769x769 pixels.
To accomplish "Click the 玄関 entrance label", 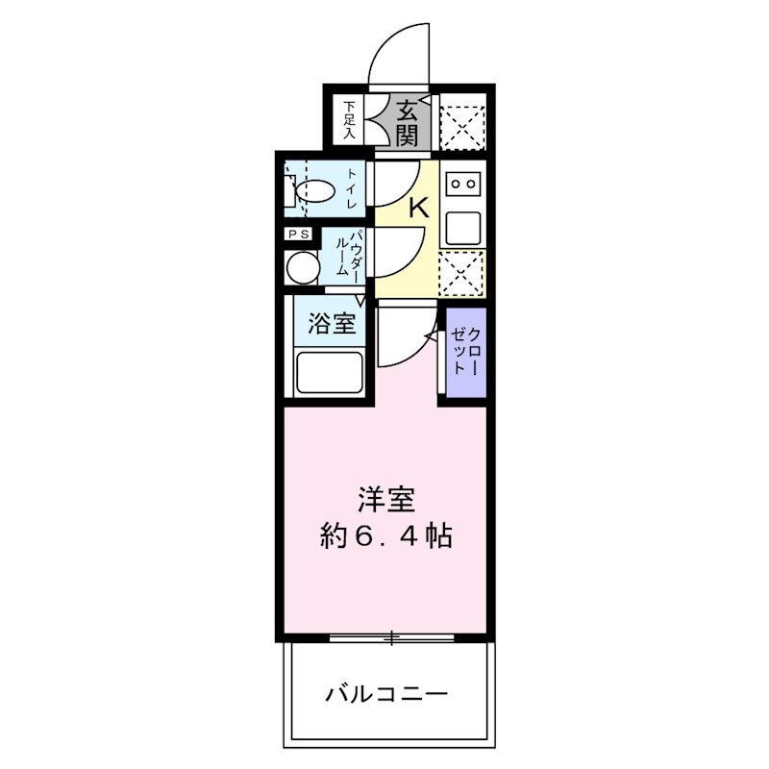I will (x=407, y=123).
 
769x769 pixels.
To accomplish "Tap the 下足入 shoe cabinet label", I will (x=351, y=121).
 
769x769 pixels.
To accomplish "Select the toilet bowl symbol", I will (x=313, y=189).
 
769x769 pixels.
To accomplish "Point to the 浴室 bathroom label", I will (x=332, y=325).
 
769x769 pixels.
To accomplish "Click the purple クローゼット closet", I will (x=466, y=351).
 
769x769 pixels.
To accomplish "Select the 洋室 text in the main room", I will (x=386, y=501).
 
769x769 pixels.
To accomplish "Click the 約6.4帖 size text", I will (x=386, y=536).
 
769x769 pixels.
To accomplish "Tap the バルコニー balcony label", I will (x=386, y=692).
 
